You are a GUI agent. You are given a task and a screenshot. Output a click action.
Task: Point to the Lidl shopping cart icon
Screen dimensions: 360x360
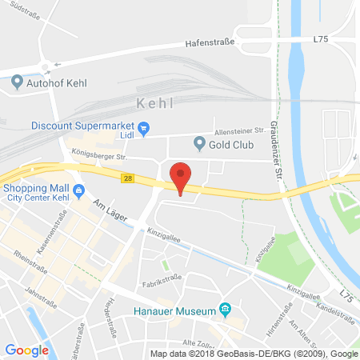144,127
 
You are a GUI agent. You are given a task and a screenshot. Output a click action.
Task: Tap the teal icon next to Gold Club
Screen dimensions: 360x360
200,144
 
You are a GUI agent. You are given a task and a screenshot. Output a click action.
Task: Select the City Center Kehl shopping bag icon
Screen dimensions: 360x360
78,190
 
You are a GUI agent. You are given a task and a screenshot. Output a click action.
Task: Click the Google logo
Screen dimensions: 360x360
26,350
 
